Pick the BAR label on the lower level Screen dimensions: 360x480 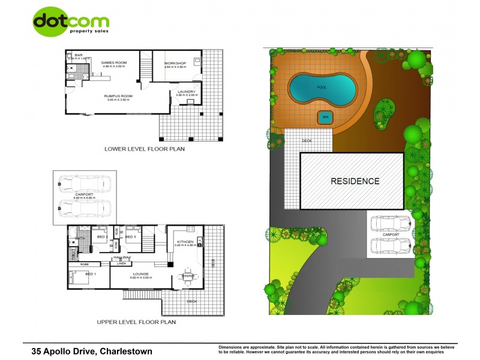tap(78, 55)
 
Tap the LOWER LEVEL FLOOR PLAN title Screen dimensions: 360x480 tap(144, 149)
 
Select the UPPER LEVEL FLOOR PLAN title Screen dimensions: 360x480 tap(136, 322)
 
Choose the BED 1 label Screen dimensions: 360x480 tap(90, 274)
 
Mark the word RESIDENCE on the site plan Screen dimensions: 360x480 tap(355, 181)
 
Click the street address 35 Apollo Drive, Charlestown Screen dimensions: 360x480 tap(92, 351)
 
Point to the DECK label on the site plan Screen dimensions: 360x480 tap(307, 141)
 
